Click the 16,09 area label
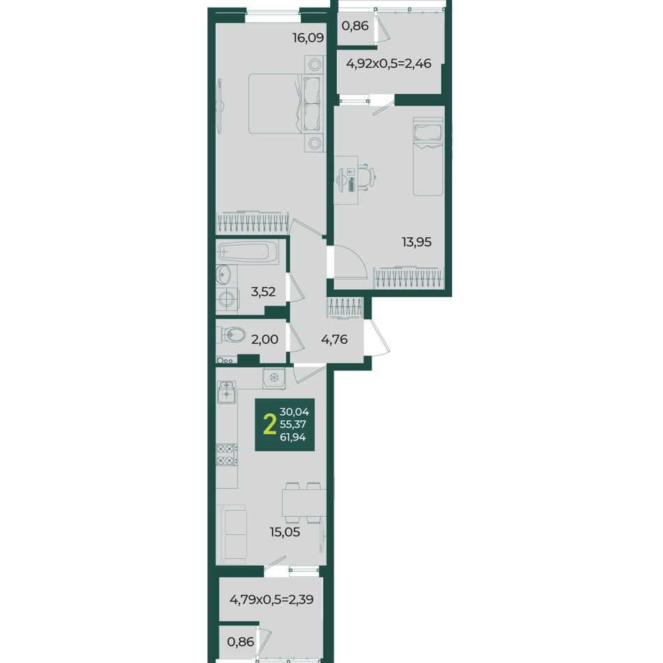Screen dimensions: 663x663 pyautogui.click(x=308, y=38)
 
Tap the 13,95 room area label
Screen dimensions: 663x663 pyautogui.click(x=417, y=242)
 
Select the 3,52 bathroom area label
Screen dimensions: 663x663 pyautogui.click(x=263, y=291)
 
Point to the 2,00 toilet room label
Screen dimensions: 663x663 pyautogui.click(x=265, y=339)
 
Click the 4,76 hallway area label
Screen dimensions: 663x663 pyautogui.click(x=334, y=339)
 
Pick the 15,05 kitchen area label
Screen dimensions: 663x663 pyautogui.click(x=285, y=532)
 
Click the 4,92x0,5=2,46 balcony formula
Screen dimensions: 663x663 pyautogui.click(x=389, y=64)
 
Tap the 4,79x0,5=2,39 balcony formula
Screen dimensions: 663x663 pyautogui.click(x=271, y=599)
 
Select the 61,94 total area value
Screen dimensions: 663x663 pyautogui.click(x=292, y=437)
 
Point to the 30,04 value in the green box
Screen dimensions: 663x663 pyautogui.click(x=295, y=412)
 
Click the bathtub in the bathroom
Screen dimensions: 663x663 pyautogui.click(x=248, y=253)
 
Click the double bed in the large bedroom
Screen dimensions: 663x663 pyautogui.click(x=285, y=103)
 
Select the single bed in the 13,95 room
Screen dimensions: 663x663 pyautogui.click(x=428, y=156)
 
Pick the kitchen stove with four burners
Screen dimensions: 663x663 pyautogui.click(x=227, y=454)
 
